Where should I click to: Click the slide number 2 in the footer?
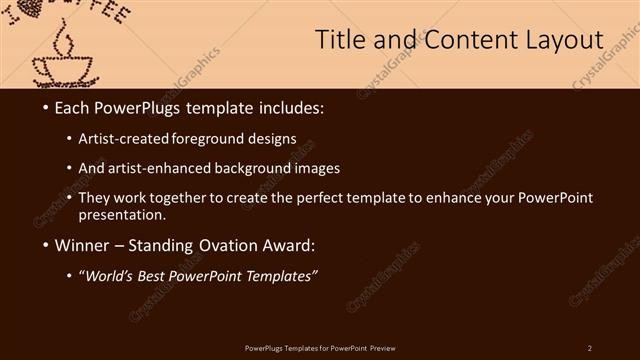tap(590, 347)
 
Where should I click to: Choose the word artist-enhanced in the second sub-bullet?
tap(172, 168)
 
